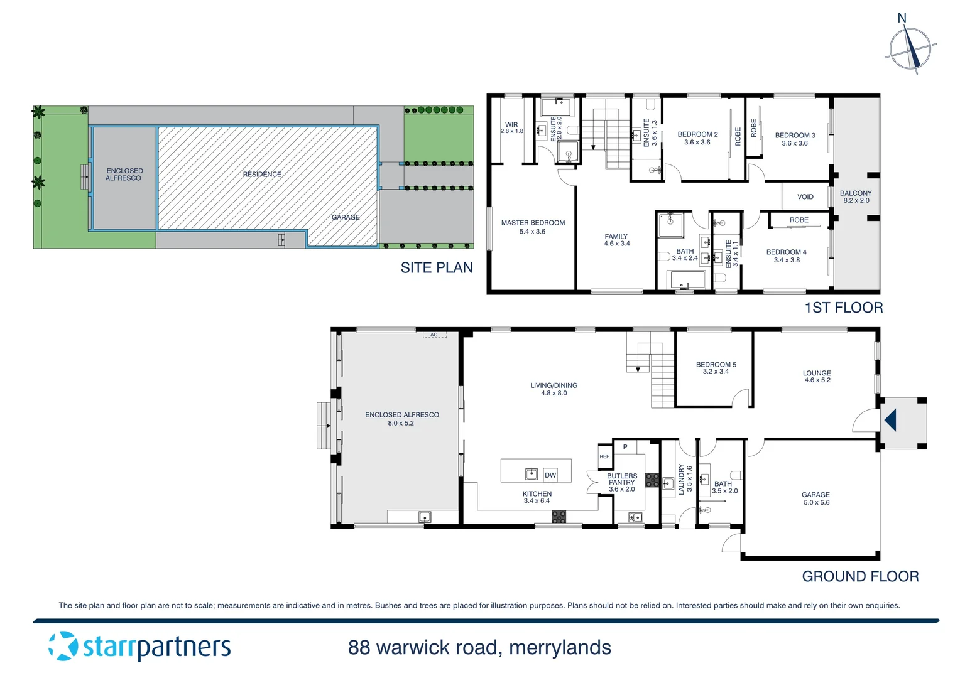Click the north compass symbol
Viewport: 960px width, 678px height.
point(910,49)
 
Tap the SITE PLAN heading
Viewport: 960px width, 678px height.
point(437,268)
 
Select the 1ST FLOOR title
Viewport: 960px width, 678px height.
point(843,308)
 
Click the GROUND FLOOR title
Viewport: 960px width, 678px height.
point(859,576)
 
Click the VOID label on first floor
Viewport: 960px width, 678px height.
point(805,197)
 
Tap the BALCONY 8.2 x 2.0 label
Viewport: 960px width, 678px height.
point(856,197)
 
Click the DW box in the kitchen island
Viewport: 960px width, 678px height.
point(550,475)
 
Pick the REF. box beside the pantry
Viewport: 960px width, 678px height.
point(604,456)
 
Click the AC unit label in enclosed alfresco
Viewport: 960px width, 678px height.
point(434,335)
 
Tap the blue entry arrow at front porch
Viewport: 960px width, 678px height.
point(890,420)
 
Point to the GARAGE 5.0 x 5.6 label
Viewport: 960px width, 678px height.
point(816,498)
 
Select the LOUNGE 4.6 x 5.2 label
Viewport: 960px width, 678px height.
point(817,377)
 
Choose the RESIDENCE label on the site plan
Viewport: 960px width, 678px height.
point(262,174)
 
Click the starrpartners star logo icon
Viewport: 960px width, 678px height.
point(63,646)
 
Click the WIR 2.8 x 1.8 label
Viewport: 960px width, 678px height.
point(511,128)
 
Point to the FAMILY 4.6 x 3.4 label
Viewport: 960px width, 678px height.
point(616,240)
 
